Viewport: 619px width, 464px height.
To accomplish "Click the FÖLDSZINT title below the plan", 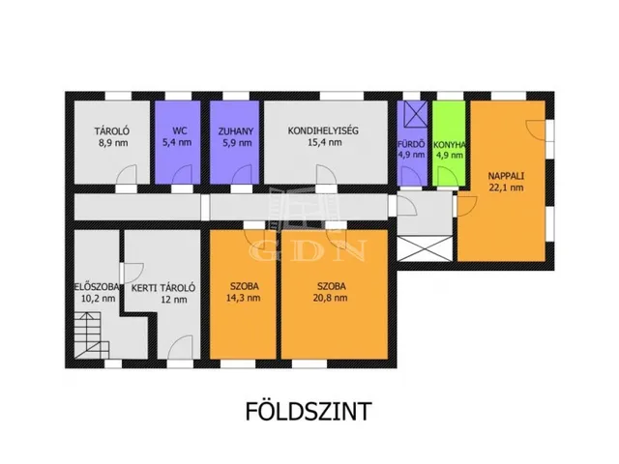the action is tap(309, 411).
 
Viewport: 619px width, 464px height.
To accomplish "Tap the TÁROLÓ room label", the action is tap(112, 131).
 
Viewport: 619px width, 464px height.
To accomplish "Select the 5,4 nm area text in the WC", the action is tap(177, 142).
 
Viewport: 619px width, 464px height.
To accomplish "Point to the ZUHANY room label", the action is tap(236, 131).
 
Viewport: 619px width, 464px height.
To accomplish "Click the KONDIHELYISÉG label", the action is tap(323, 130).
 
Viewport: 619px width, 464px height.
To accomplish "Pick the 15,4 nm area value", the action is tap(325, 142).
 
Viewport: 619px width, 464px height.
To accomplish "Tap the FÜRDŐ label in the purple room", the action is tap(411, 144).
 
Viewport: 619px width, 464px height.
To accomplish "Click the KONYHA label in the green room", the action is tap(449, 145).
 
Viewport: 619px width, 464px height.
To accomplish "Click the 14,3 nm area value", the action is tap(243, 298).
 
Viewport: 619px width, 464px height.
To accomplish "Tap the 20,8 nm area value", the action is tap(332, 298).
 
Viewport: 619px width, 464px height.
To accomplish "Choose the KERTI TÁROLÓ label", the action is tap(163, 288).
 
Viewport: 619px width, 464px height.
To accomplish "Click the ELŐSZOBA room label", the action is tap(97, 287).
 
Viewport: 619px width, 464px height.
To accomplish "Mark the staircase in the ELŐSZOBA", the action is tap(92, 335).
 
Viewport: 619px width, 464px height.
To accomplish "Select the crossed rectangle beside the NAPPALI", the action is tap(425, 248).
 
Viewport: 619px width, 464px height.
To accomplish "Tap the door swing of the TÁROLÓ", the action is tap(127, 175).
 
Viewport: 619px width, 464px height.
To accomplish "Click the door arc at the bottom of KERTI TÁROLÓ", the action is tap(180, 348).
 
